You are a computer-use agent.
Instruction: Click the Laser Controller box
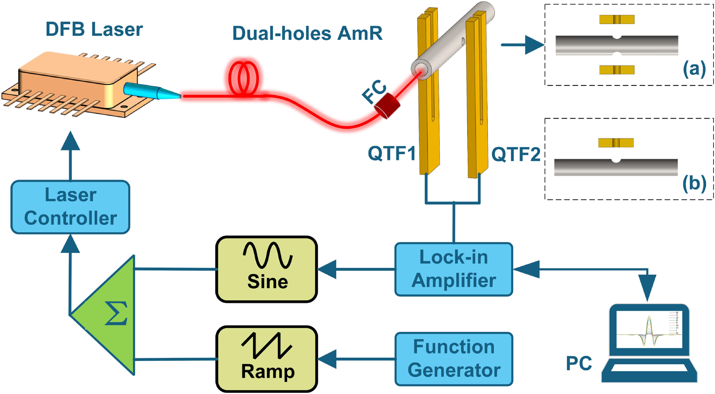pyautogui.click(x=70, y=207)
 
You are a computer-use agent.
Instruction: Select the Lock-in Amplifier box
pyautogui.click(x=454, y=269)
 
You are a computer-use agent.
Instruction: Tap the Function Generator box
pyautogui.click(x=454, y=359)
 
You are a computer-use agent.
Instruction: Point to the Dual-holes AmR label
pyautogui.click(x=307, y=33)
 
